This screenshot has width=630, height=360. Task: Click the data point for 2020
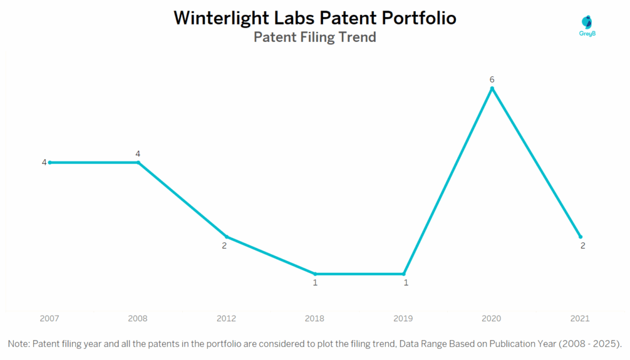coord(492,89)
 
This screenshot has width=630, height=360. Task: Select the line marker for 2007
coord(49,162)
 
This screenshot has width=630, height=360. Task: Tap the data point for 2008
coord(138,162)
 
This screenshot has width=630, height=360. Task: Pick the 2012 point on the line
coord(226,236)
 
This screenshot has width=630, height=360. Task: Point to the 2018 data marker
coord(315,274)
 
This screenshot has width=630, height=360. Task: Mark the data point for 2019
coord(404,274)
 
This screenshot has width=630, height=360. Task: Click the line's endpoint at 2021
coord(580,236)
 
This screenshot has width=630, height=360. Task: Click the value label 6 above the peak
coord(492,79)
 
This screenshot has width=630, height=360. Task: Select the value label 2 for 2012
coord(225,246)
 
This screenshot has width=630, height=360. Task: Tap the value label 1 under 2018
coord(315,283)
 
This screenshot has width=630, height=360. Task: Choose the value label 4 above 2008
coord(138,153)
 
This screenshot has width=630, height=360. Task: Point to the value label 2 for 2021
coord(583,246)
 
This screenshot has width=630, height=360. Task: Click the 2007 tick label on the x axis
coord(49,319)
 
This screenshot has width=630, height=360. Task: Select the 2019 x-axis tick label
coord(404,319)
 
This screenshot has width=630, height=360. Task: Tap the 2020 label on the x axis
coord(492,319)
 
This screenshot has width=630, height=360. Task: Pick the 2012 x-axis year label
coord(226,319)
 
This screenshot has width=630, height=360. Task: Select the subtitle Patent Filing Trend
coord(315,37)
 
